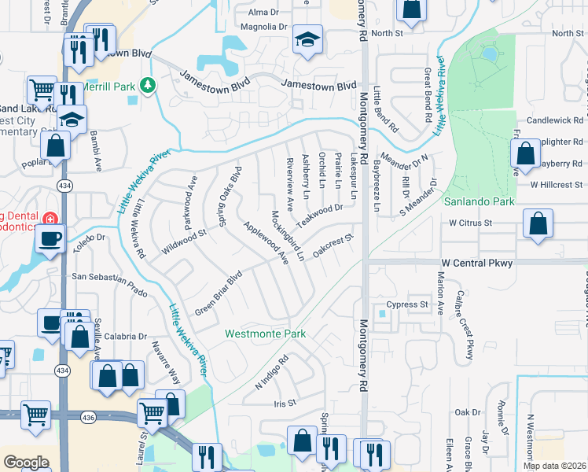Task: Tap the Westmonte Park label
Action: pyautogui.click(x=265, y=334)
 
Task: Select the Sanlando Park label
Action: pyautogui.click(x=479, y=202)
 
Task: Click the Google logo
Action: pyautogui.click(x=26, y=463)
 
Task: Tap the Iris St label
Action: pyautogui.click(x=284, y=403)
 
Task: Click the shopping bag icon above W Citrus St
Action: pyautogui.click(x=537, y=223)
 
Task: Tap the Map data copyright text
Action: pyautogui.click(x=553, y=465)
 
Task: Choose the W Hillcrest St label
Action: pyautogui.click(x=556, y=185)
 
